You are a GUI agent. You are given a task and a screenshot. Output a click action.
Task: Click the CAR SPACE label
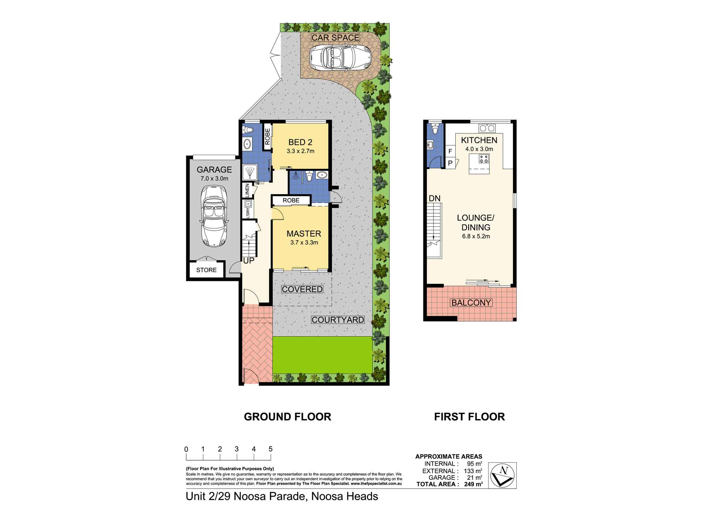point(335,37)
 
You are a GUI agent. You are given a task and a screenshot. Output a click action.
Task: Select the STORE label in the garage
point(206,270)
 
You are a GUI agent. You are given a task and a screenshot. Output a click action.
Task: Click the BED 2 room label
point(300,142)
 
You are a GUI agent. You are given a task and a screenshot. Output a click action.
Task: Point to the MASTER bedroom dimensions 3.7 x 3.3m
point(304,242)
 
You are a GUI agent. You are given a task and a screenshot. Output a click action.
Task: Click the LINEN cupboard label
point(248,191)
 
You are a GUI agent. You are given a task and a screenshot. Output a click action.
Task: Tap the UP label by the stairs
point(249,260)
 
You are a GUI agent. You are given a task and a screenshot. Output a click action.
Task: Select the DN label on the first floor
point(434,198)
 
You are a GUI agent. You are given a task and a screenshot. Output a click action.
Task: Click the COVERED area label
point(302,289)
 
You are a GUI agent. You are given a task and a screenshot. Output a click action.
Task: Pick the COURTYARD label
point(338,320)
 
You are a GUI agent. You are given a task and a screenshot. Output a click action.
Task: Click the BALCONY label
point(471,302)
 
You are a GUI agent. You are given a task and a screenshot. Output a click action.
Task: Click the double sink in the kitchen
point(487,128)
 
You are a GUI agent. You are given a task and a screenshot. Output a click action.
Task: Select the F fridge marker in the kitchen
point(450,151)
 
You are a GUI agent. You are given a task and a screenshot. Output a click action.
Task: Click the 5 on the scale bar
point(270,449)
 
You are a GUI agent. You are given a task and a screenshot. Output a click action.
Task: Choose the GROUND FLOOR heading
point(287,417)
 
